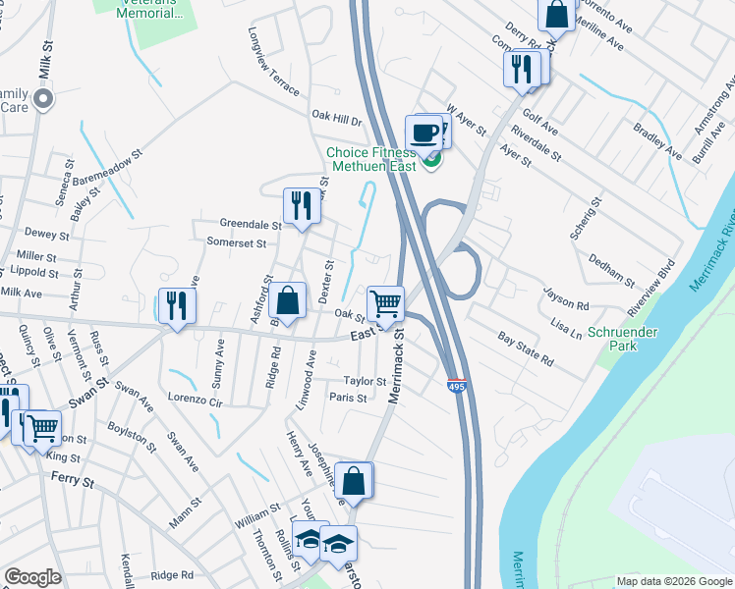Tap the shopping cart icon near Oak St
[386, 303]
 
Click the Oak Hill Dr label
[337, 120]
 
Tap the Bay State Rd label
[526, 348]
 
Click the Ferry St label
[74, 482]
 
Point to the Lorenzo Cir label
[196, 399]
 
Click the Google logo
[32, 577]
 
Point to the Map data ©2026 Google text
[672, 581]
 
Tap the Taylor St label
[365, 381]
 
